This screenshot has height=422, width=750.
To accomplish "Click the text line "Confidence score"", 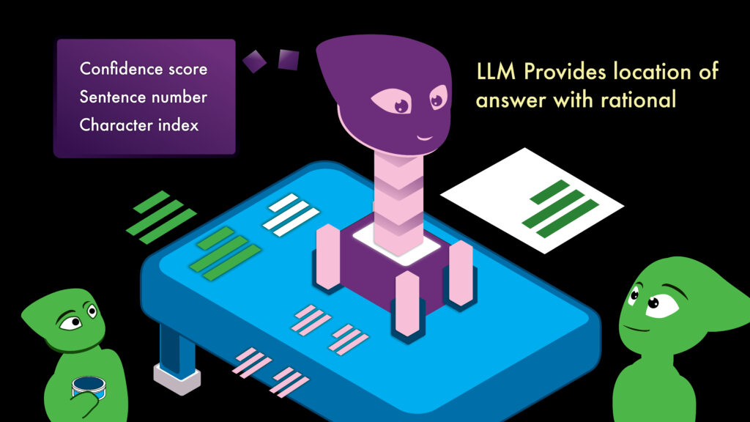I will click(144, 69).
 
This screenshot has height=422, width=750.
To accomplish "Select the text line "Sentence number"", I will click(144, 97).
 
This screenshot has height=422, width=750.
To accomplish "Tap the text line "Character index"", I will click(139, 125).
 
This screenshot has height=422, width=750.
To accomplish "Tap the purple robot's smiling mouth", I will click(425, 136).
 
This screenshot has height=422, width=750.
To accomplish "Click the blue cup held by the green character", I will click(88, 386).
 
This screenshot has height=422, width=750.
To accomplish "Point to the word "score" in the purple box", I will click(187, 69).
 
